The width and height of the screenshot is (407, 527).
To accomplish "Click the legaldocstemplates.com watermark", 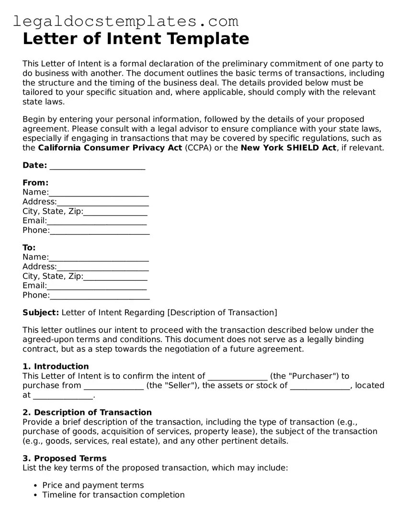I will coord(125,21).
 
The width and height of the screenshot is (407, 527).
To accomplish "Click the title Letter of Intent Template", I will coord(136,38).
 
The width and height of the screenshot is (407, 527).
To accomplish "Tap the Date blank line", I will coord(97,166).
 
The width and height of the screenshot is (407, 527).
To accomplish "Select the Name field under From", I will coord(99,193).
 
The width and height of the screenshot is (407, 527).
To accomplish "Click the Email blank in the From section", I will coord(97,221).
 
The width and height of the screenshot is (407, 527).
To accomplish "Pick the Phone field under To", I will coord(100,296).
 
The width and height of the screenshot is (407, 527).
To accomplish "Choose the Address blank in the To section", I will coord(102,267).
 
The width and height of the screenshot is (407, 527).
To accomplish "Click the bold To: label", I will coord(29,248).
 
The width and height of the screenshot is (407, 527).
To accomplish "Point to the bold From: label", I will coord(35,183).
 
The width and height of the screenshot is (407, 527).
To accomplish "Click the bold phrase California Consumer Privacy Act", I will coord(110,148).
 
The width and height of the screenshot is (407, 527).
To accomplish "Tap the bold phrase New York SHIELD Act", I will coord(288,148).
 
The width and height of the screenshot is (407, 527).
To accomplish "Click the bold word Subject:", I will coord(41,313).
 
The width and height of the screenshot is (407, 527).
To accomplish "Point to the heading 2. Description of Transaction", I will coord(87,412).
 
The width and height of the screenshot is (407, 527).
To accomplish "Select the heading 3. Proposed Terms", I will coord(65,458).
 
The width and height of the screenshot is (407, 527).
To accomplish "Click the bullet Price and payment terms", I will coord(93,485).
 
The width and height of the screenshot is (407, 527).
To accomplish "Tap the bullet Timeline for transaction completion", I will coord(113,495).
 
